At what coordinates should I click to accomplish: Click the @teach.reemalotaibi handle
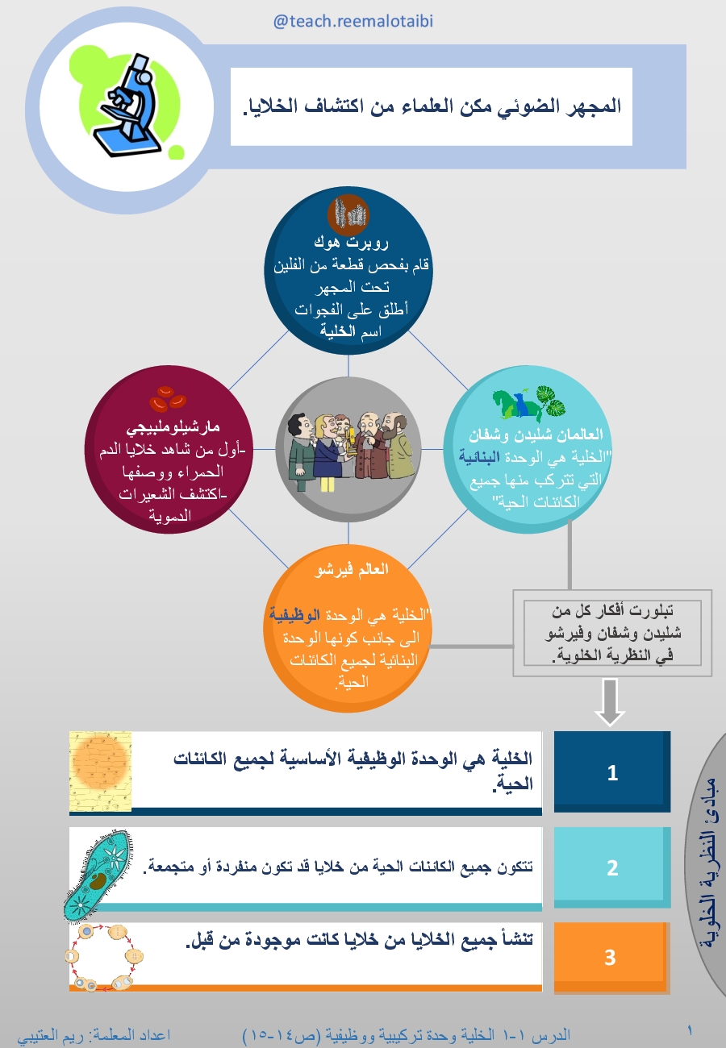(353, 22)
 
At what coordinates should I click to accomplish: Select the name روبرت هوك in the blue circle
(351, 243)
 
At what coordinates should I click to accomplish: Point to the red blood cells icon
(168, 399)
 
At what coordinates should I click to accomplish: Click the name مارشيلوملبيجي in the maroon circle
(173, 426)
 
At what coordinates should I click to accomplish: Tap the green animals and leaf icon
(528, 402)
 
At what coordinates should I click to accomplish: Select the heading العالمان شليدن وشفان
(536, 435)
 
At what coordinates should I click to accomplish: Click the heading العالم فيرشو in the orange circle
(351, 570)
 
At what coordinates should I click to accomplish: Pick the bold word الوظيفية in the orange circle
(294, 615)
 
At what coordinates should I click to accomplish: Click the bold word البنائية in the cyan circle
(479, 457)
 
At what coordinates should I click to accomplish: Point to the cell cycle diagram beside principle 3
(104, 958)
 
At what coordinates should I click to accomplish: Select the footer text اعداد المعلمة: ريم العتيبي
(94, 1034)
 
